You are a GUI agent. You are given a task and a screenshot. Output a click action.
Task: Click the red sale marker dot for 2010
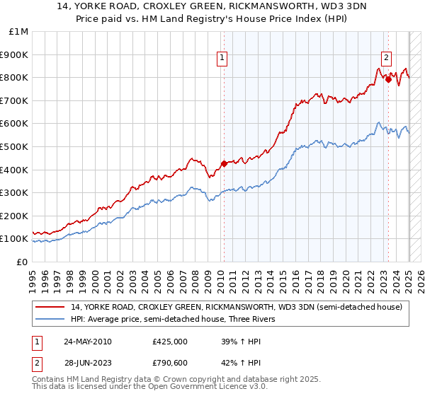pos(224,163)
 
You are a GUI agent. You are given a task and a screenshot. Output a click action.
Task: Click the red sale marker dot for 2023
pos(388,79)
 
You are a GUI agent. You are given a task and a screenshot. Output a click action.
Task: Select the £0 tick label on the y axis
pos(21,262)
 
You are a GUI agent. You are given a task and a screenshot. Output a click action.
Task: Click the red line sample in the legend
pos(50,307)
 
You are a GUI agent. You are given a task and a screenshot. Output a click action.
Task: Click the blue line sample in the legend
pos(50,319)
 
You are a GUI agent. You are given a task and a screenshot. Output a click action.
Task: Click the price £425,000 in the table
pos(169,342)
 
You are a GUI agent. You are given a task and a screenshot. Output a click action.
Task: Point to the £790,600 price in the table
pos(169,363)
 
